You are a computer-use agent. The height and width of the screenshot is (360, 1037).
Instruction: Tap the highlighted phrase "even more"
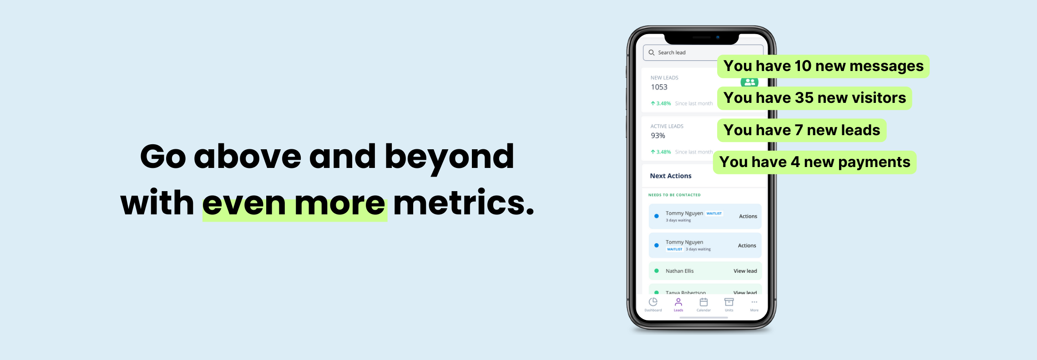tap(294, 203)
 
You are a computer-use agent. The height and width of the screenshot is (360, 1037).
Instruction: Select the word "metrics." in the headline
tap(463, 203)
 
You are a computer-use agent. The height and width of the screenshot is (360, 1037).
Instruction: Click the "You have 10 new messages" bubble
tap(823, 66)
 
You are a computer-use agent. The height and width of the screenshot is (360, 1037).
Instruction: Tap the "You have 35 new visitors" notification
tap(814, 98)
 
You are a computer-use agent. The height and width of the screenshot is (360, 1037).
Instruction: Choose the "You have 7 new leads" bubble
tap(801, 131)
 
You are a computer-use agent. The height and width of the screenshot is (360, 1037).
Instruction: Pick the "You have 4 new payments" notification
tap(814, 162)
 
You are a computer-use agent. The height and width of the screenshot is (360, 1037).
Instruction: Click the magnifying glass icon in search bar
tap(652, 53)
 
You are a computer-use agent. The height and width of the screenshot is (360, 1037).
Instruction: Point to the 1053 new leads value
tap(659, 87)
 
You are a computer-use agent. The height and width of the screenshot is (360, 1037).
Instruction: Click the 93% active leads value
tap(658, 136)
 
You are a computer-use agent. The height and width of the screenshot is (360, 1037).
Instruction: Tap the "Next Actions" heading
tap(670, 176)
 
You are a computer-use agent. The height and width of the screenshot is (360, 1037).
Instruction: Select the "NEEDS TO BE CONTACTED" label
tap(674, 195)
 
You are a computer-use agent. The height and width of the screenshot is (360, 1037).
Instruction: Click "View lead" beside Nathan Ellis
tap(745, 271)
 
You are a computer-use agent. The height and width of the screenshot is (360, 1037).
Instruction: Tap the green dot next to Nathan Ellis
tap(657, 271)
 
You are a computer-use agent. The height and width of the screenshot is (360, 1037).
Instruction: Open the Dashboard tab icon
tap(653, 302)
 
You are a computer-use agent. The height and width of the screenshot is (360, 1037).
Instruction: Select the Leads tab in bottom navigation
tap(678, 304)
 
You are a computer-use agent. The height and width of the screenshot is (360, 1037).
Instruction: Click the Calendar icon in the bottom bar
tap(703, 302)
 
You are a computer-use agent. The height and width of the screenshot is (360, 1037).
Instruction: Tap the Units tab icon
tap(729, 302)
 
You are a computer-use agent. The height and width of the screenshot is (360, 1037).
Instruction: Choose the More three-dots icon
tap(754, 302)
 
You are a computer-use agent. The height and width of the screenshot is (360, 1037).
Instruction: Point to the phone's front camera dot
tap(718, 37)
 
